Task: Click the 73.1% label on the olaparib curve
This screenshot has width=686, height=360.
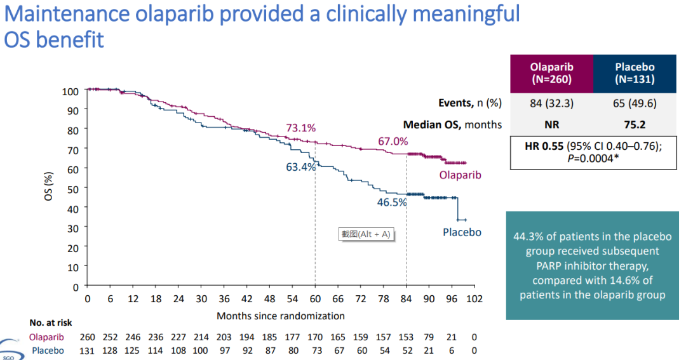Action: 300,128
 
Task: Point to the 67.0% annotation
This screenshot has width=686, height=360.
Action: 393,141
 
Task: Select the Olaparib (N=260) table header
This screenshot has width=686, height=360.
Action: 551,74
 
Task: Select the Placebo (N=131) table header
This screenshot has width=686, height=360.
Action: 635,74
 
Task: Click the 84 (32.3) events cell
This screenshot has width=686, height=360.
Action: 551,103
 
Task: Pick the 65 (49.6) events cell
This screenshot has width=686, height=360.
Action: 635,103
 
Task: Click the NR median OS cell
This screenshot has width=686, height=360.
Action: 551,125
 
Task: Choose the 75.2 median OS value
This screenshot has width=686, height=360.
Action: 635,125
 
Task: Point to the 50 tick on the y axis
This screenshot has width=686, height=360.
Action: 74,189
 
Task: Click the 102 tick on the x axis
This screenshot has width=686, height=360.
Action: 474,299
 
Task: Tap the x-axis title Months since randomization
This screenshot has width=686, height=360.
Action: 281,316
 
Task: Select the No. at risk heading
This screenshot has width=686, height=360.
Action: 51,323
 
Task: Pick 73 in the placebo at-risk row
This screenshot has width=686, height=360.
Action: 315,350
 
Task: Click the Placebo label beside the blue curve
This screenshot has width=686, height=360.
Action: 462,232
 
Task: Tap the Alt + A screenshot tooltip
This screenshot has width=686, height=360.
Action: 366,234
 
